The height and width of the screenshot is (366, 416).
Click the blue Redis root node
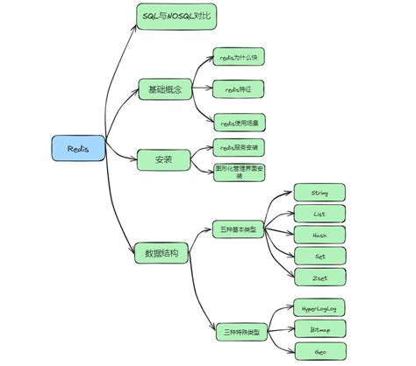[78, 148]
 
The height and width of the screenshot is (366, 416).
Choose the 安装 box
[161, 159]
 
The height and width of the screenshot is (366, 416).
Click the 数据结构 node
[161, 253]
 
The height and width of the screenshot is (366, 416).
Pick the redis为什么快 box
[240, 58]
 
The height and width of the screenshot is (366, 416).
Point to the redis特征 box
[240, 88]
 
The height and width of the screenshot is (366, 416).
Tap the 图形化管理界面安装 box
[240, 171]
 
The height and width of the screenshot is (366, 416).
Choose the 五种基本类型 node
[240, 229]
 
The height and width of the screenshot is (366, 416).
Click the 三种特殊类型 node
[240, 333]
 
